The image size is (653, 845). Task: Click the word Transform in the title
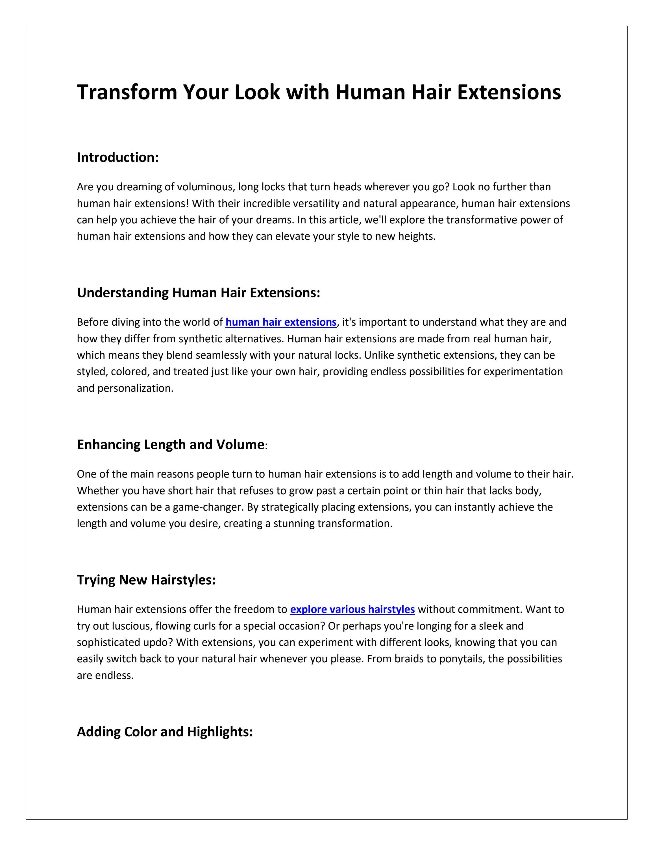click(127, 92)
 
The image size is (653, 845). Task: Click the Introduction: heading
click(117, 158)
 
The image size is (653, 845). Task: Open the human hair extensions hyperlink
click(281, 322)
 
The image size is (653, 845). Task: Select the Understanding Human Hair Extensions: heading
click(199, 293)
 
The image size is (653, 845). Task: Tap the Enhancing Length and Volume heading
click(170, 445)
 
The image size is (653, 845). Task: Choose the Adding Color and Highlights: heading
click(165, 732)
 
